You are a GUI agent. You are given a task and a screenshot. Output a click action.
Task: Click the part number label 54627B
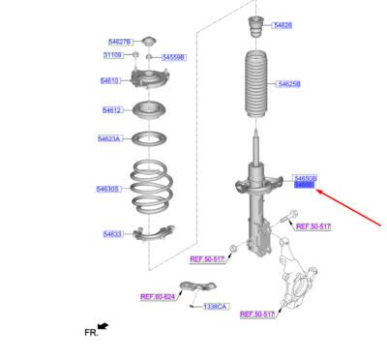coord(120,43)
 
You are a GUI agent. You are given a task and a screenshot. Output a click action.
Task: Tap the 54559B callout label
coord(173,58)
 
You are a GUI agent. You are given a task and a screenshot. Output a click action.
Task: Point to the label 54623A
coord(109,139)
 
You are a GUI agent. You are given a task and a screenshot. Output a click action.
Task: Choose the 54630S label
coord(107,189)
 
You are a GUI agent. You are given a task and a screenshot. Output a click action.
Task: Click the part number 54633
coord(113,233)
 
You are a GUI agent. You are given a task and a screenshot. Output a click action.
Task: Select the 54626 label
coord(283,24)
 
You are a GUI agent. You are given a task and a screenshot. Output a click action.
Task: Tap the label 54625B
coord(289,85)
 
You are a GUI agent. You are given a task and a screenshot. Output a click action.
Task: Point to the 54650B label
coord(305,177)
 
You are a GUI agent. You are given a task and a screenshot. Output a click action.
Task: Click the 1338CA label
coord(215,307)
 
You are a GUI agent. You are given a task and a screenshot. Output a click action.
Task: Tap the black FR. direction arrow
coord(102,327)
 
